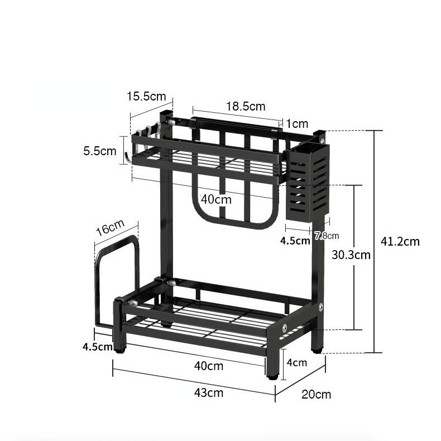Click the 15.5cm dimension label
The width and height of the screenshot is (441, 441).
pyautogui.click(x=146, y=96)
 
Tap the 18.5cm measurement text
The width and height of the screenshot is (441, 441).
pyautogui.click(x=246, y=106)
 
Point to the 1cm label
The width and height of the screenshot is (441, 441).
pyautogui.click(x=297, y=123)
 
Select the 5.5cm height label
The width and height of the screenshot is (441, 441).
pyautogui.click(x=99, y=151)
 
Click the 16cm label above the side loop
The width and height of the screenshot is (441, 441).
pyautogui.click(x=109, y=228)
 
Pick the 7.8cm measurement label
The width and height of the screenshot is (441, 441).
pyautogui.click(x=327, y=236)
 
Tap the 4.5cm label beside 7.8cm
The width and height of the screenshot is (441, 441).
pyautogui.click(x=295, y=241)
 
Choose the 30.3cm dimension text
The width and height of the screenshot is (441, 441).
pyautogui.click(x=351, y=255)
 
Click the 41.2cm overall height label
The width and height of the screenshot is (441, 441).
pyautogui.click(x=400, y=242)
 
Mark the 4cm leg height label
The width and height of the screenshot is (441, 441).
pyautogui.click(x=296, y=362)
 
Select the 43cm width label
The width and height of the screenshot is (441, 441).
pyautogui.click(x=208, y=392)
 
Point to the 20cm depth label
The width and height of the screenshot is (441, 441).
pyautogui.click(x=316, y=395)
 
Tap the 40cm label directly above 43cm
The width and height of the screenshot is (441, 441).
pyautogui.click(x=208, y=366)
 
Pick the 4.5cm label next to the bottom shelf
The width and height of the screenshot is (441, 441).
pyautogui.click(x=98, y=346)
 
